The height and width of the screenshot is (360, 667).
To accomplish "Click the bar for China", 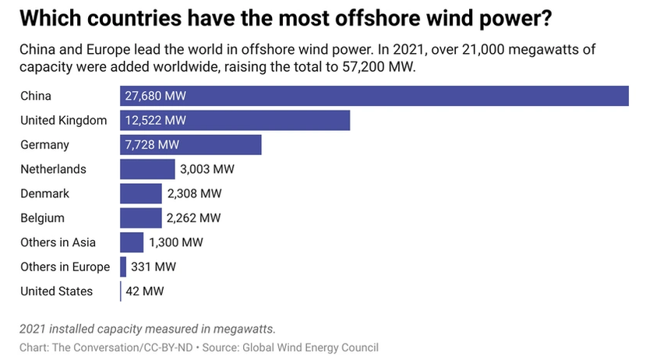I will [x=374, y=96].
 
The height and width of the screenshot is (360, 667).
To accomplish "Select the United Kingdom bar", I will [x=235, y=120].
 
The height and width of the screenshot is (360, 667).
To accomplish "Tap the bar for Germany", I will [x=190, y=145].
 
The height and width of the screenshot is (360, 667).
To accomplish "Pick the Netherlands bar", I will [x=147, y=169].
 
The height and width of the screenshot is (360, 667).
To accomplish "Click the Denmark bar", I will [x=141, y=193].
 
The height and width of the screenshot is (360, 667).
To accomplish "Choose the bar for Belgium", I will [x=140, y=218].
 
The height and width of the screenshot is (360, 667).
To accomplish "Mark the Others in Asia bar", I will [x=132, y=242].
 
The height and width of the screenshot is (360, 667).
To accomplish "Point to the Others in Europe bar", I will [x=123, y=267].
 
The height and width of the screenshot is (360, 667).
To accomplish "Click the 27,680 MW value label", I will [x=156, y=96].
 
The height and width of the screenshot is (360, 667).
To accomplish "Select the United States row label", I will [x=57, y=291].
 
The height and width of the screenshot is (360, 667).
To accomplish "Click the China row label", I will [x=36, y=96].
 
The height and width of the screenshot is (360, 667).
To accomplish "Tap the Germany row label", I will [x=44, y=145].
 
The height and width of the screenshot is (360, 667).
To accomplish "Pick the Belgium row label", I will [x=42, y=218].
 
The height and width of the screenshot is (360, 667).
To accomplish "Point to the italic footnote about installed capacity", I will [x=148, y=328].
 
